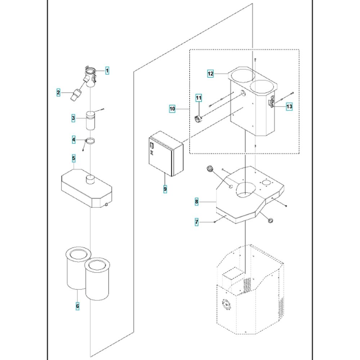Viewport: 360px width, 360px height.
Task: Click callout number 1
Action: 107,71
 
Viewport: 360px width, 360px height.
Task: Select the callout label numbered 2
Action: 58,93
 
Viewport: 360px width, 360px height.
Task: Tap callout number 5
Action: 74,158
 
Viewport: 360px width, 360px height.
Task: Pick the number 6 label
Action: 78,306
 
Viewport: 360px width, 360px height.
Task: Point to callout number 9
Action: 165,189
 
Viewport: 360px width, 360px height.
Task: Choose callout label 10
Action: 172,109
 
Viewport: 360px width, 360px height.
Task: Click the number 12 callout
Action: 211,74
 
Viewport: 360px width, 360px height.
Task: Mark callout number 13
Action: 289,107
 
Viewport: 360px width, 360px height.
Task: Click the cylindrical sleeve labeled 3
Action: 90,120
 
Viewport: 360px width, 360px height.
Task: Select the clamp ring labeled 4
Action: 90,141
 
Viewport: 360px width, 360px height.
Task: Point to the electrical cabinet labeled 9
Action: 166,153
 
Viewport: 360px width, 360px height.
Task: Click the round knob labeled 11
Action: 198,119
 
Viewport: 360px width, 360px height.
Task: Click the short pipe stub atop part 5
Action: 90,179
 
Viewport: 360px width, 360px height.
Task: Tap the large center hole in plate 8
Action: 246,190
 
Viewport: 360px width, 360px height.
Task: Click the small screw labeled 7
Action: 215,222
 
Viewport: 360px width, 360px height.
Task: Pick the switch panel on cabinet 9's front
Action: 152,145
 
